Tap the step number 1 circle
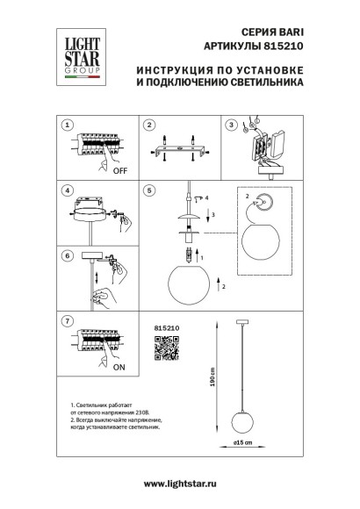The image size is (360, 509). [x=68, y=125]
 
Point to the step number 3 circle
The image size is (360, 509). [x=231, y=125]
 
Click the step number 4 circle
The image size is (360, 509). [x=68, y=189]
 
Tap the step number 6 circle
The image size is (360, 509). [x=68, y=255]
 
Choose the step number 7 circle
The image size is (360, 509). [x=68, y=321]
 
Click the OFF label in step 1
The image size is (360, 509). [x=121, y=174]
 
